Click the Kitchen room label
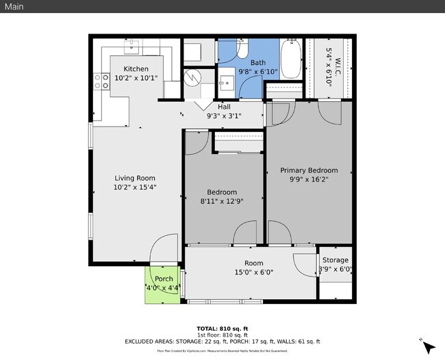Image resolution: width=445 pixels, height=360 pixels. tap(136, 68)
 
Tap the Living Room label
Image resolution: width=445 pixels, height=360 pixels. tap(135, 178)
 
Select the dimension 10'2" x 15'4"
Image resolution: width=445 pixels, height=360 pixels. tap(135, 187)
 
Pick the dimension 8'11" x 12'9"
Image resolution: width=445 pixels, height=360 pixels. tap(222, 201)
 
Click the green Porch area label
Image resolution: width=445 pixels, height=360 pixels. tap(164, 279)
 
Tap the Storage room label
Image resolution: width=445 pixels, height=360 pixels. tap(335, 260)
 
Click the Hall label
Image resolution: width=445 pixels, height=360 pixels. tap(224, 107)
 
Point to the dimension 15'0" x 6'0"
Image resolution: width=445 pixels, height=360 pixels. tap(253, 272)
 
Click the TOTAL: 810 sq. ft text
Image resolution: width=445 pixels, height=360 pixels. tap(222, 329)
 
